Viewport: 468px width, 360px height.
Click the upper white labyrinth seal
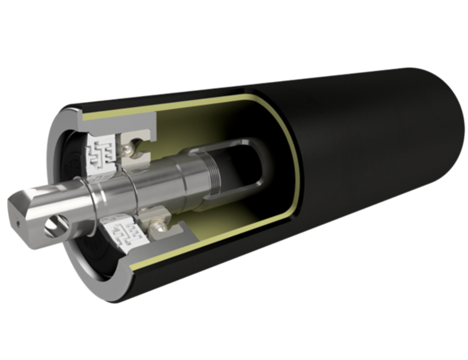[100, 151]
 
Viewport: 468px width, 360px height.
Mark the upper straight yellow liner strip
[162, 106]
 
